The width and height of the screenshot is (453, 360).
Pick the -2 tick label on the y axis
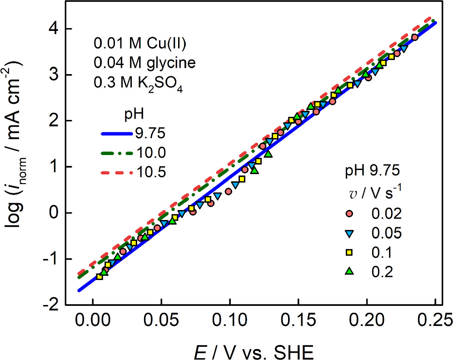[51, 305]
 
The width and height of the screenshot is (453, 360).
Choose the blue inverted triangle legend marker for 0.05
[349, 233]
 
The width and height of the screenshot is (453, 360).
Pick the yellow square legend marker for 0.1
[349, 252]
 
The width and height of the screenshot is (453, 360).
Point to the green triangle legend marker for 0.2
[349, 271]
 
